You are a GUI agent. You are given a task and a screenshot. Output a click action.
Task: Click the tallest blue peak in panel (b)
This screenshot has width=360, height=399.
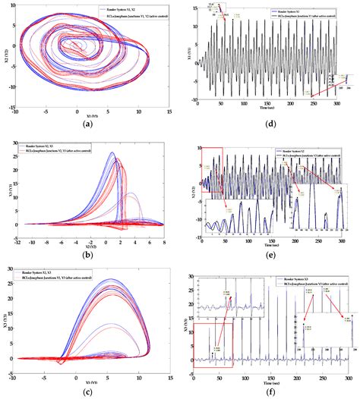[x=112, y=153]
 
